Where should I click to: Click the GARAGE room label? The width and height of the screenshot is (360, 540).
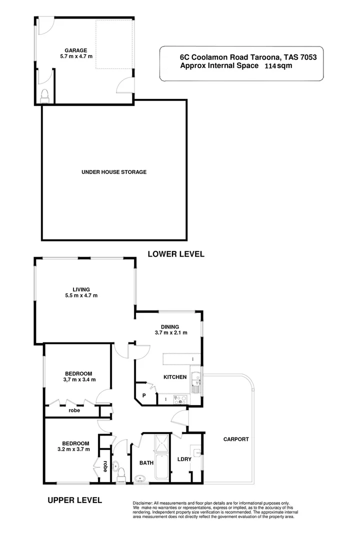pos(76,50)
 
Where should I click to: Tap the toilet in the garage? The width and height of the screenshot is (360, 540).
pos(44,95)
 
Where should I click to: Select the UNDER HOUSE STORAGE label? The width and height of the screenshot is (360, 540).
pos(113,172)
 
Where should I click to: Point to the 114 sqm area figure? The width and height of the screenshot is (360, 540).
pos(277,66)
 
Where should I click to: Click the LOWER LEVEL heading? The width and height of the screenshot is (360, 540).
pos(175,254)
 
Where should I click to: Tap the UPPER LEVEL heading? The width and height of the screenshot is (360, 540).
pos(74,499)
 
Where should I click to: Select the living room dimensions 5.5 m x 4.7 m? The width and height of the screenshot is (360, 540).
pos(81,295)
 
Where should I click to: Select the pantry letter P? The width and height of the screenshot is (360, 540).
pos(144,395)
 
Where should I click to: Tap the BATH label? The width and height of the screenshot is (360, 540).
pos(146,463)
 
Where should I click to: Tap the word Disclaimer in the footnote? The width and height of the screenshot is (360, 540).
pos(144,503)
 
